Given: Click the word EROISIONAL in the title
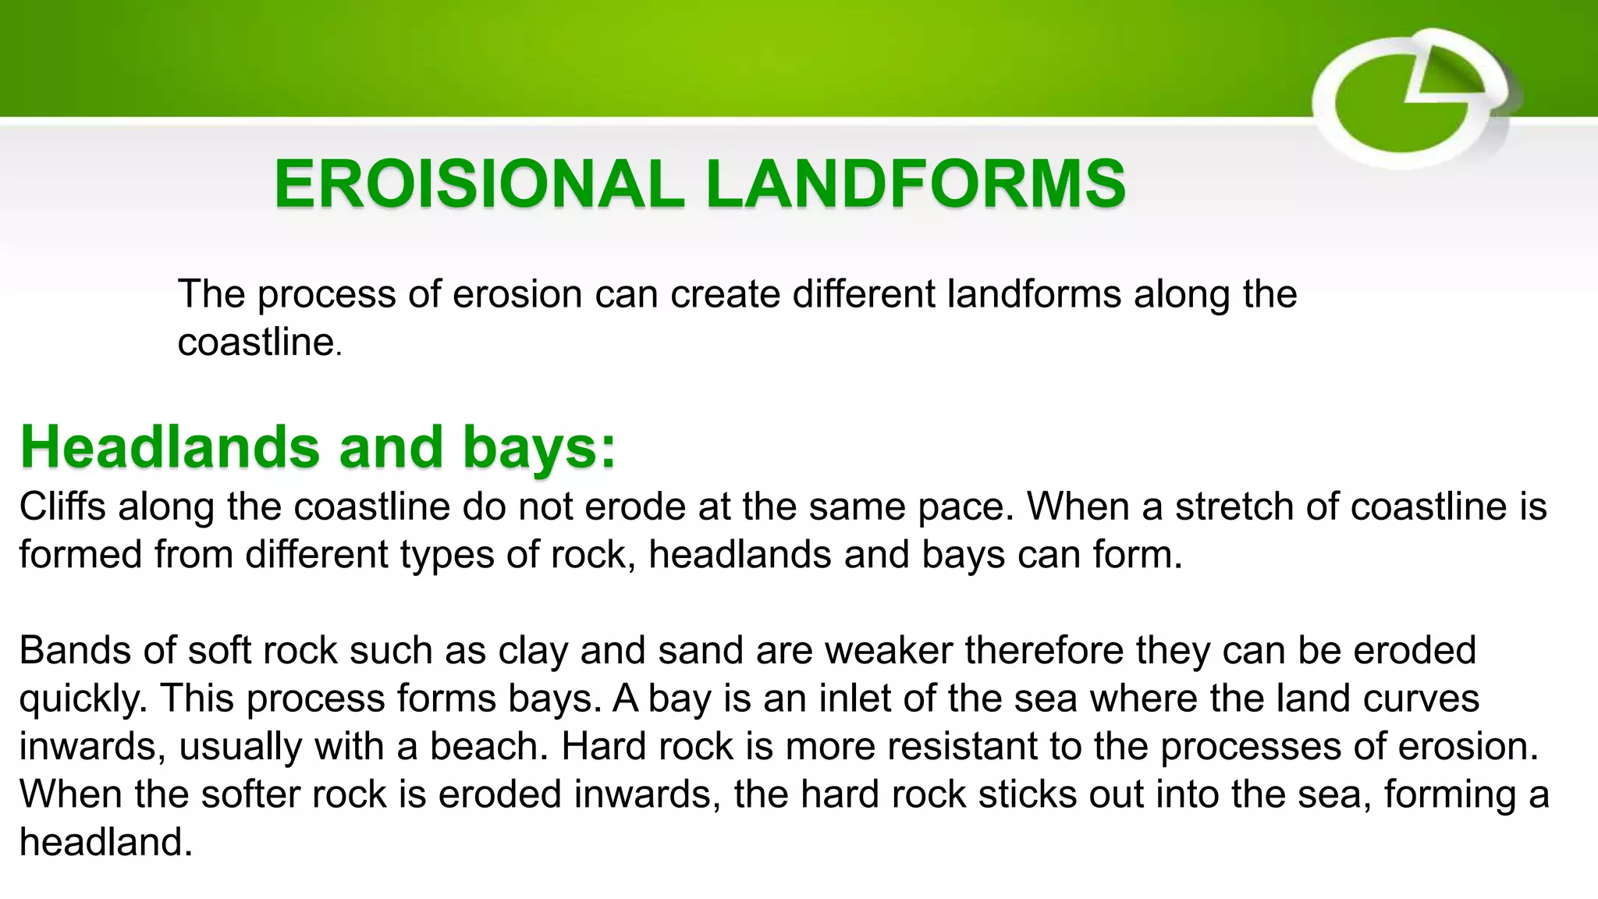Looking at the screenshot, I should click(478, 185).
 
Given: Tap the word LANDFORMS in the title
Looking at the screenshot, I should click(915, 185).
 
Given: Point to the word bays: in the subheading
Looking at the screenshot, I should click(538, 447).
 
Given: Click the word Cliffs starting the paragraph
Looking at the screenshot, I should click(62, 506).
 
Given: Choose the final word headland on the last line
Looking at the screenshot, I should click(104, 843).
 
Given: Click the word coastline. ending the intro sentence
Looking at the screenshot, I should click(257, 343).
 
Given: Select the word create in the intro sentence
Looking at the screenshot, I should click(725, 295).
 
